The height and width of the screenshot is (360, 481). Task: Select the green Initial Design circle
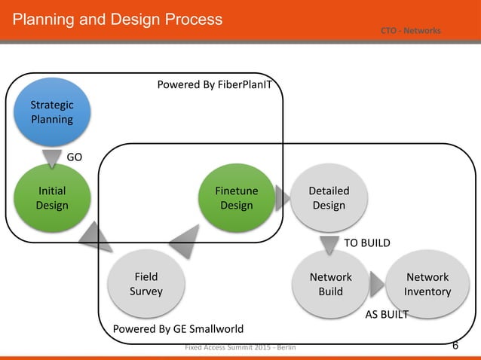(52, 198)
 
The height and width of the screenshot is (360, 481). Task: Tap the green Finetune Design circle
(236, 198)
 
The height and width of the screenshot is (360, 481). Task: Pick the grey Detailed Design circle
(329, 198)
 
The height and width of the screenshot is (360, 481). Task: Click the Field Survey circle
(146, 284)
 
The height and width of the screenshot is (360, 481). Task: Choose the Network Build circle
(330, 284)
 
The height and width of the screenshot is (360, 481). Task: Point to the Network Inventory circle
(427, 284)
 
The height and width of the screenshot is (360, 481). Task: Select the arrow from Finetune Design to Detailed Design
(282, 198)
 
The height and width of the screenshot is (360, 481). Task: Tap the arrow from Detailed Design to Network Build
(329, 245)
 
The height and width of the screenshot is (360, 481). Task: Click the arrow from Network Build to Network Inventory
(377, 284)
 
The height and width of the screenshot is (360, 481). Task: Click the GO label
(75, 157)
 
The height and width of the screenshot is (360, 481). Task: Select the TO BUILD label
(367, 243)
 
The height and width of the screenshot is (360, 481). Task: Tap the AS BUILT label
(386, 315)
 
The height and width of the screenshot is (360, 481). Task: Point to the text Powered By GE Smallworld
(178, 329)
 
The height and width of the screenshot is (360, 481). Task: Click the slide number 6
(455, 346)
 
